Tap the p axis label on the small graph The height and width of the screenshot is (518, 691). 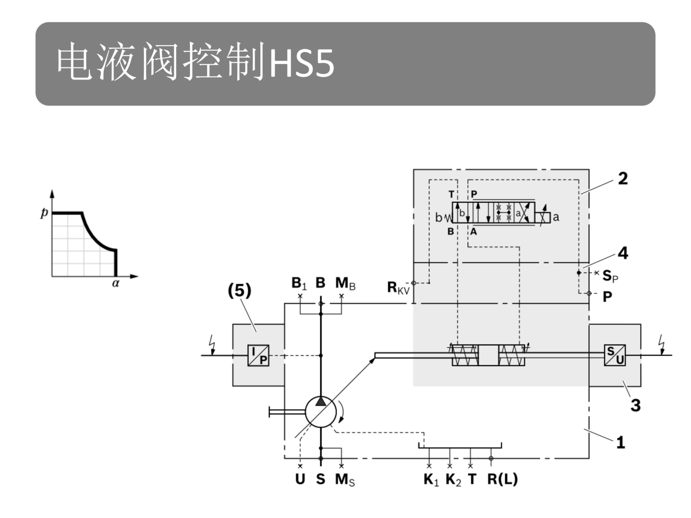point(44,213)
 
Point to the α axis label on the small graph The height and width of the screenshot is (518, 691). point(116,283)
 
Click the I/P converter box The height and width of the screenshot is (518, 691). point(258,355)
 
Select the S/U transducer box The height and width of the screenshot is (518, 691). point(615,355)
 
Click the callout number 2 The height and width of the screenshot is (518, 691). point(623,178)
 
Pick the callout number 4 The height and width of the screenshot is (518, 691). point(623,253)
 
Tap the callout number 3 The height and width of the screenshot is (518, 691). point(636,405)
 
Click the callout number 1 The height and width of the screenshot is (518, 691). point(620,442)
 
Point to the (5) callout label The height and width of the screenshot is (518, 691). point(240,290)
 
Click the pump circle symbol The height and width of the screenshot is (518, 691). point(321,412)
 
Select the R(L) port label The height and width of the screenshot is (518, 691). point(502,479)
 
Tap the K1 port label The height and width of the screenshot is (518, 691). point(431,480)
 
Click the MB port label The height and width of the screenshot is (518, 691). point(345,283)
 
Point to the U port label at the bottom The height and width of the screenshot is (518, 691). point(300,479)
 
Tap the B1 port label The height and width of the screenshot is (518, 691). point(299,283)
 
